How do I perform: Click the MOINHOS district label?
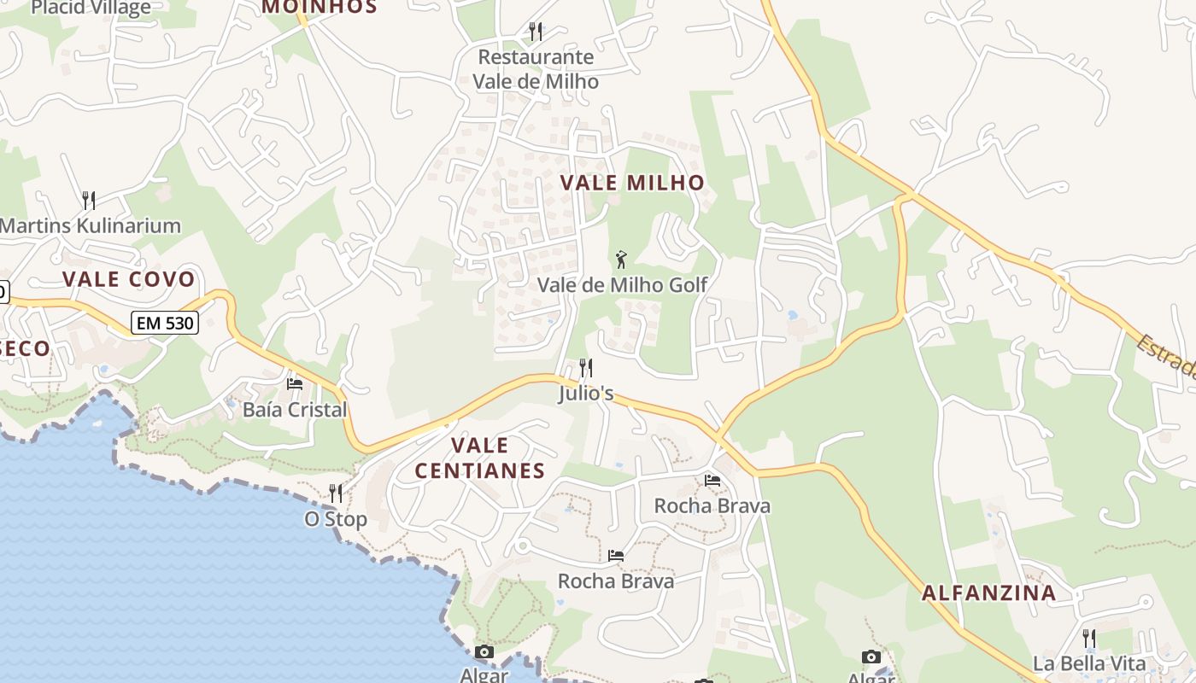tap(319, 7)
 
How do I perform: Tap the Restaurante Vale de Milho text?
tap(536, 69)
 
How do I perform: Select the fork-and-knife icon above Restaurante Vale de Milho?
tap(536, 32)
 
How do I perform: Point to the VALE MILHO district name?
tap(632, 182)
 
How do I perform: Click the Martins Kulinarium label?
tap(91, 226)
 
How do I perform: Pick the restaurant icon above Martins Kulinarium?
tap(89, 201)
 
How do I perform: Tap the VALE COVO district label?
tap(129, 279)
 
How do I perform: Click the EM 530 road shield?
tap(165, 323)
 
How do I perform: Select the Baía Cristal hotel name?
tap(295, 410)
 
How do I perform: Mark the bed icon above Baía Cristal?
tap(295, 384)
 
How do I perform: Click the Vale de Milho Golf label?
tap(622, 285)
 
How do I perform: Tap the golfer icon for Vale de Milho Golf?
tap(622, 258)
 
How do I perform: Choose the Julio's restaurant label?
tap(586, 394)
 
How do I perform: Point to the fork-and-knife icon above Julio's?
tap(586, 368)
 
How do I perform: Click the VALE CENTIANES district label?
tap(479, 458)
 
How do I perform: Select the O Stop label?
tap(336, 519)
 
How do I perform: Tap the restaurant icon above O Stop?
tap(336, 493)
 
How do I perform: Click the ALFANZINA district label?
tap(988, 593)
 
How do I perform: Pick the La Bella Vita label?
tap(1088, 663)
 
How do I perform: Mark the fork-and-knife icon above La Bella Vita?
tap(1088, 638)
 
